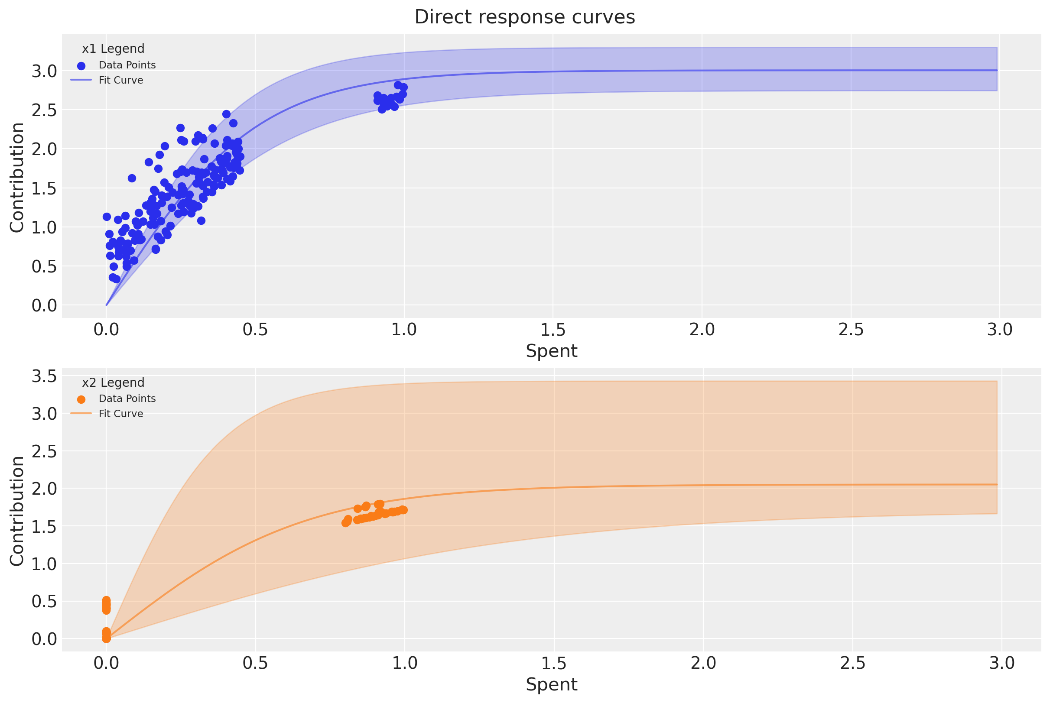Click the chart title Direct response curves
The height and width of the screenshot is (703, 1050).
524,17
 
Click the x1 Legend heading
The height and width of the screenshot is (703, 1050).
113,49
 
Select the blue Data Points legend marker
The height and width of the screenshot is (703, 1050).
81,66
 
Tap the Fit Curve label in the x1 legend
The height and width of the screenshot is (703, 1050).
120,80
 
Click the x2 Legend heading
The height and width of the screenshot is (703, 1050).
113,382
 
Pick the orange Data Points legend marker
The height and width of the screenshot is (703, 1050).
81,399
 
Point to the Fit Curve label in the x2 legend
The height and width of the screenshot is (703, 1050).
120,414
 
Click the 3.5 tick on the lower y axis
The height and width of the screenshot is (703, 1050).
44,376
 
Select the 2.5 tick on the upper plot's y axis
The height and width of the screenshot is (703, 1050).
44,110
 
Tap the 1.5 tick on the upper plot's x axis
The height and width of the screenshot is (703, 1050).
553,330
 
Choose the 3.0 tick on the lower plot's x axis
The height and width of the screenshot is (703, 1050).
1001,663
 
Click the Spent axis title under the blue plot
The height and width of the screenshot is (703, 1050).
551,350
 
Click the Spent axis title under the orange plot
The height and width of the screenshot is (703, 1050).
551,684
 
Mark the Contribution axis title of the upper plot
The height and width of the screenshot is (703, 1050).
17,178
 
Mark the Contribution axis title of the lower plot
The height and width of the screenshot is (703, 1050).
17,511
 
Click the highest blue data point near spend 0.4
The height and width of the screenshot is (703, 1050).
226,114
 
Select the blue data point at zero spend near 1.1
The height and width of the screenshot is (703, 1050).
107,217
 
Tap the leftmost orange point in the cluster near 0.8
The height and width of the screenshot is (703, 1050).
345,523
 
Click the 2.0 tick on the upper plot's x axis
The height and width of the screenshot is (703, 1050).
702,330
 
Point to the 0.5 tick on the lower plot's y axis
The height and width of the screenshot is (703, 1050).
44,601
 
